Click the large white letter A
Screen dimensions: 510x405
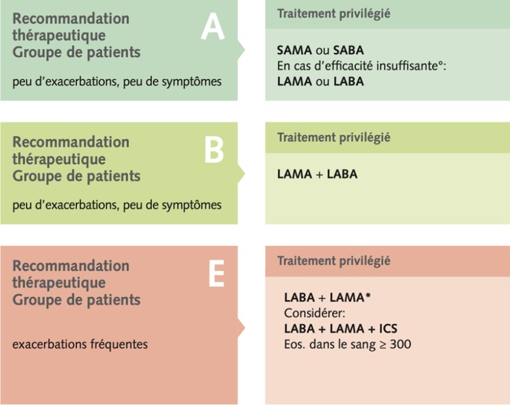(x=212, y=27)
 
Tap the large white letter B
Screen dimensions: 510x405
(x=214, y=150)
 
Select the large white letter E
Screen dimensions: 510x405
(x=216, y=274)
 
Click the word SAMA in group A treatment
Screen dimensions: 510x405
(x=294, y=50)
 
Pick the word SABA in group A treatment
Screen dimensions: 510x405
(x=348, y=50)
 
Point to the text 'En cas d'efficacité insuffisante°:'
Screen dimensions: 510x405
(x=362, y=66)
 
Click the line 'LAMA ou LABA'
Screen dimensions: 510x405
(x=320, y=81)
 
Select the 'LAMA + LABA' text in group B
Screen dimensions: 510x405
(x=317, y=174)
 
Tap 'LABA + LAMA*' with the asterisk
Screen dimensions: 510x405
(x=327, y=297)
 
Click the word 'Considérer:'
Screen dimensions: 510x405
(x=314, y=313)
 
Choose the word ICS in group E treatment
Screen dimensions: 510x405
(x=388, y=329)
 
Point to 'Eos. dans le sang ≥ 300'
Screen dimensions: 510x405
(x=347, y=344)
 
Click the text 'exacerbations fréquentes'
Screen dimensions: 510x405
(x=80, y=344)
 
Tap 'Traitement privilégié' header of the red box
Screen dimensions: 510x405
(x=334, y=261)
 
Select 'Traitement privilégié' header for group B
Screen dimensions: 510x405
(x=334, y=137)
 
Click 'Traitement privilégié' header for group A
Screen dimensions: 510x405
(x=334, y=14)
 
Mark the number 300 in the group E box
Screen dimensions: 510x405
(x=401, y=344)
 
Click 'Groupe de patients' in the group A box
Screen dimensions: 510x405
(x=76, y=52)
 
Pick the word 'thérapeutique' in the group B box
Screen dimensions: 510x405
(x=59, y=159)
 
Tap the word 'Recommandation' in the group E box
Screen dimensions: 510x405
(x=71, y=266)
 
